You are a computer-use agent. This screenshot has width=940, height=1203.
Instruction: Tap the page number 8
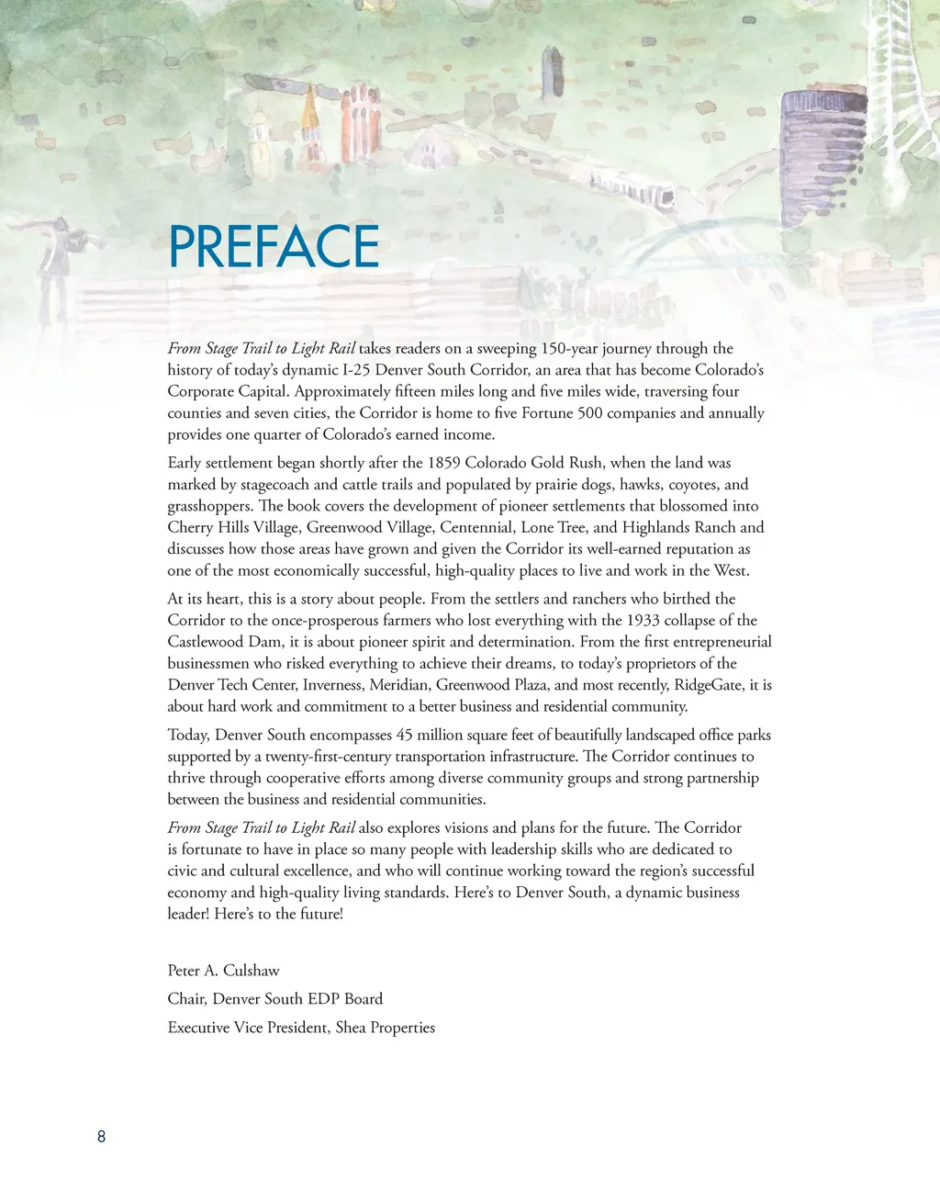101,1137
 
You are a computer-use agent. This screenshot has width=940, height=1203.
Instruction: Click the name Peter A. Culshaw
223,971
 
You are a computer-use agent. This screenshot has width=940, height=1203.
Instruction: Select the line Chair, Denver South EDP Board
274,999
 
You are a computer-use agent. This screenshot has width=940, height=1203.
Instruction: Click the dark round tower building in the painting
811,147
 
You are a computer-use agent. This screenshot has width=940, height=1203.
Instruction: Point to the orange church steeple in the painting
311,115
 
